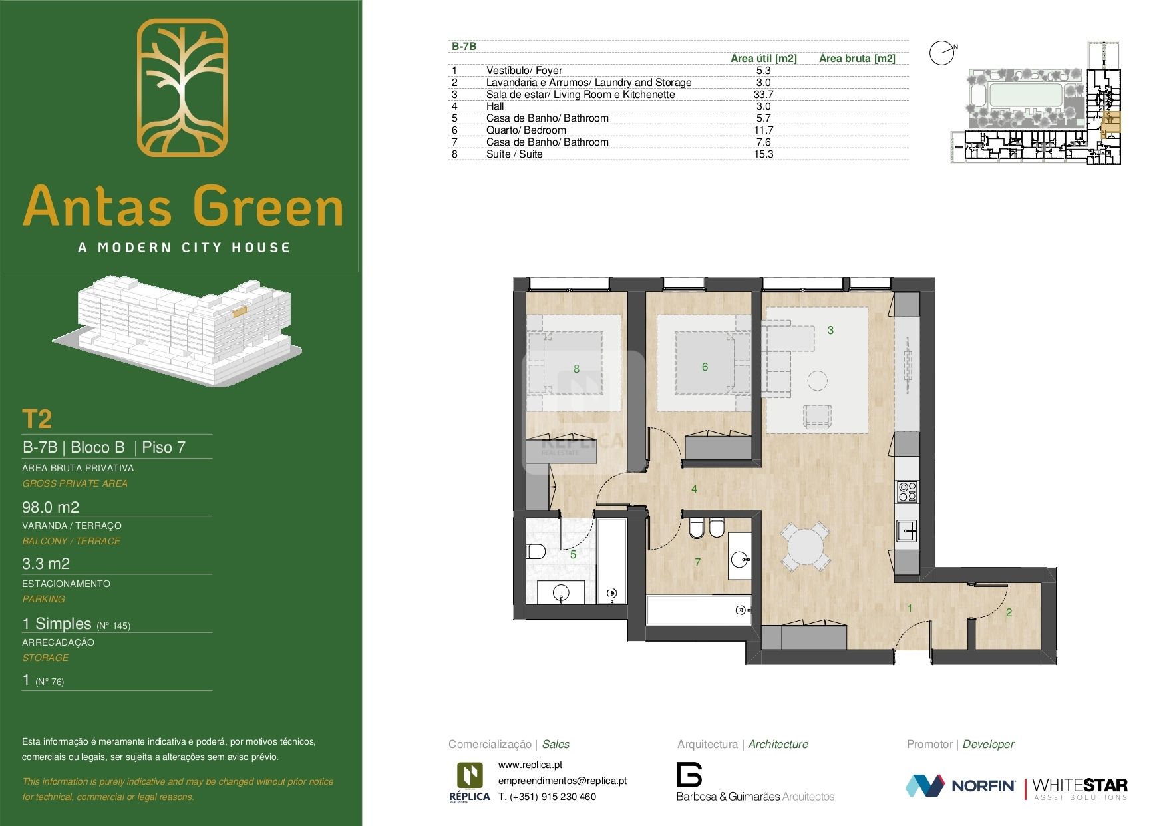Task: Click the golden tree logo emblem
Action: [x=182, y=87]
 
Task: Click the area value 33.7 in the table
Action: [x=763, y=95]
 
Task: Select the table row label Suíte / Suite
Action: [x=514, y=154]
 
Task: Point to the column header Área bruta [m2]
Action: [x=857, y=59]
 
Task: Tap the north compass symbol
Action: [x=941, y=53]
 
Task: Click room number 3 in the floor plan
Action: [x=830, y=330]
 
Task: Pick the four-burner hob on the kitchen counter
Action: [x=908, y=491]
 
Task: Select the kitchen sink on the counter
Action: [x=906, y=531]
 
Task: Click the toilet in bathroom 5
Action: [x=536, y=551]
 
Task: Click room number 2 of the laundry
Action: [x=1009, y=612]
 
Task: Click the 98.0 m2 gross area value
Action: [x=51, y=507]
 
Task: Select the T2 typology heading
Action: [x=37, y=419]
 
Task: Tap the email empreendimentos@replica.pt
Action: [x=562, y=781]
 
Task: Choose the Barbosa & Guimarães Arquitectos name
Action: [x=755, y=797]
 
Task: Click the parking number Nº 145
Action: [x=114, y=626]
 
